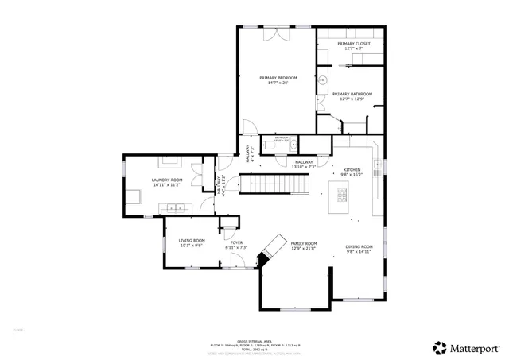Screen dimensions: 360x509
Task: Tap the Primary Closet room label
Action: tap(350, 44)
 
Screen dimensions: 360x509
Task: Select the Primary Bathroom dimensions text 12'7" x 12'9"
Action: tap(351, 99)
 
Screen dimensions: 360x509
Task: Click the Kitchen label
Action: tap(352, 169)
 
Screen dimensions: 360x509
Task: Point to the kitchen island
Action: tap(343, 195)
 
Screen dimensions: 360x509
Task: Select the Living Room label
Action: tap(192, 241)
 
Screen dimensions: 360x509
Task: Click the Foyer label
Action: tap(237, 242)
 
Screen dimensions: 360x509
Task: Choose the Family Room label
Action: tap(304, 243)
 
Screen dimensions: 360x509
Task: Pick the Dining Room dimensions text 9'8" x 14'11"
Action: tap(359, 251)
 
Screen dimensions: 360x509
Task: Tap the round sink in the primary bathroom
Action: tap(324, 80)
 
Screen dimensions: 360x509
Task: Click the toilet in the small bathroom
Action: tap(293, 144)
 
